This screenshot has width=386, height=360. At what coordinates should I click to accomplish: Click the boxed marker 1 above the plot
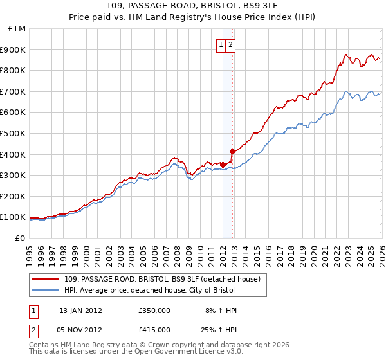(221, 45)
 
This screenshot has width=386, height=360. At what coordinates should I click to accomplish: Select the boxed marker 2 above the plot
(230, 45)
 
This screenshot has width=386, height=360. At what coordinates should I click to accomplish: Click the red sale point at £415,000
(232, 151)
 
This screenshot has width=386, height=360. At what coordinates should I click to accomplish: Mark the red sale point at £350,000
(223, 165)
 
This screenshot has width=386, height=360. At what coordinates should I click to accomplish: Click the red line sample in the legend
(46, 279)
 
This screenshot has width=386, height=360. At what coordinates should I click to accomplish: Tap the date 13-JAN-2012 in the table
(80, 310)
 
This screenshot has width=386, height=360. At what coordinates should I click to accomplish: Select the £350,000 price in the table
(154, 310)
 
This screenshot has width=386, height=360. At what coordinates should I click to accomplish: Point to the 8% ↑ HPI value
(221, 310)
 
